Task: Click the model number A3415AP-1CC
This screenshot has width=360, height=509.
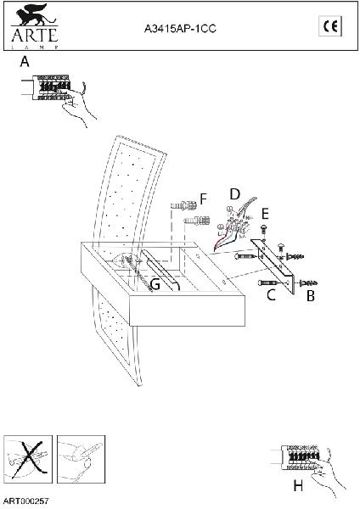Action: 180,29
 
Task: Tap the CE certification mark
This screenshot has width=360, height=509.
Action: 330,26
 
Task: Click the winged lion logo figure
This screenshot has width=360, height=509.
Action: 34,15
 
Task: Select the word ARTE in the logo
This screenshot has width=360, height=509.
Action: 35,35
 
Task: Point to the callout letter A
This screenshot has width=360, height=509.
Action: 25,62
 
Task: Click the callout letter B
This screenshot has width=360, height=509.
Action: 311,296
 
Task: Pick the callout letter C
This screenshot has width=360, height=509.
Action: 271,294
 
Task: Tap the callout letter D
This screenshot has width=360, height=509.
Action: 234,194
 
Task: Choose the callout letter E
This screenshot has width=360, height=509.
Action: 265,215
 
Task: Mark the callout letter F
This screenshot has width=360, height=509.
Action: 204,199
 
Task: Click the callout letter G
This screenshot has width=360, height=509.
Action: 155,285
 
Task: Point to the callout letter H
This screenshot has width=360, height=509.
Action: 298,486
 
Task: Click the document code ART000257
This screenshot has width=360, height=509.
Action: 26,501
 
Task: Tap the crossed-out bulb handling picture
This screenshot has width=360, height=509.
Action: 28,459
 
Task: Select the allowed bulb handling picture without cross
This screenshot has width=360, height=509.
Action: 81,459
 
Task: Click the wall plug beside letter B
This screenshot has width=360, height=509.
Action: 309,282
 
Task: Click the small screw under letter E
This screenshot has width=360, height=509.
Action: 264,230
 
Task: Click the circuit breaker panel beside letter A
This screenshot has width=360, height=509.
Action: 51,87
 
